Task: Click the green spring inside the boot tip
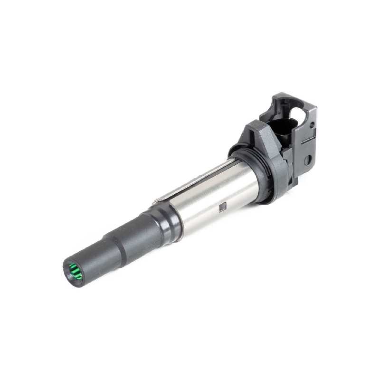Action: coord(74,273)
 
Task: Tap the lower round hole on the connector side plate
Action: coord(307,160)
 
